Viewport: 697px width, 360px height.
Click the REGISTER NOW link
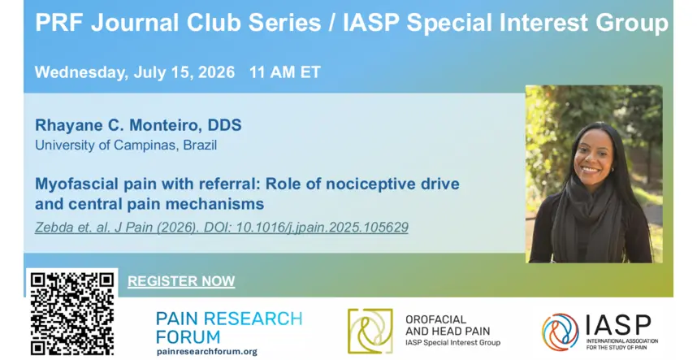pyautogui.click(x=181, y=281)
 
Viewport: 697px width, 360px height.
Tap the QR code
pyautogui.click(x=72, y=314)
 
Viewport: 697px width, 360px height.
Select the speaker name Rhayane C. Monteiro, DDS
pyautogui.click(x=138, y=125)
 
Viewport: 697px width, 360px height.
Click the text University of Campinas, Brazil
pyautogui.click(x=126, y=145)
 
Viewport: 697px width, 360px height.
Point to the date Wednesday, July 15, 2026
pyautogui.click(x=135, y=72)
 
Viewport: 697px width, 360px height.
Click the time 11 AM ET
pyautogui.click(x=285, y=72)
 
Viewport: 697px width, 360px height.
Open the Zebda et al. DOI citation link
pyautogui.click(x=222, y=227)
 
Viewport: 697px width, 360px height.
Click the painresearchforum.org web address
pyautogui.click(x=206, y=352)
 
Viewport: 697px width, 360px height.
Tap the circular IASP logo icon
pyautogui.click(x=560, y=332)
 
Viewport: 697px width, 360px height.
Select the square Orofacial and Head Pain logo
pyautogui.click(x=370, y=331)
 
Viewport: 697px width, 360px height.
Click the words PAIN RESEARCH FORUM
pyautogui.click(x=229, y=327)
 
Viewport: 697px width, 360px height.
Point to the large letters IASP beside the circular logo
pyautogui.click(x=618, y=326)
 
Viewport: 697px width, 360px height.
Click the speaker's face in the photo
pyautogui.click(x=593, y=157)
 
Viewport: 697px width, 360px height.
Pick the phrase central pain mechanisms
pyautogui.click(x=166, y=204)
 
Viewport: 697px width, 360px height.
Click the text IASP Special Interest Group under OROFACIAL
pyautogui.click(x=452, y=342)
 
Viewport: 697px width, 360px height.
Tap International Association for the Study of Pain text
pyautogui.click(x=622, y=344)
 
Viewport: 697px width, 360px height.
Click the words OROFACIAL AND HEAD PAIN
pyautogui.click(x=447, y=325)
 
